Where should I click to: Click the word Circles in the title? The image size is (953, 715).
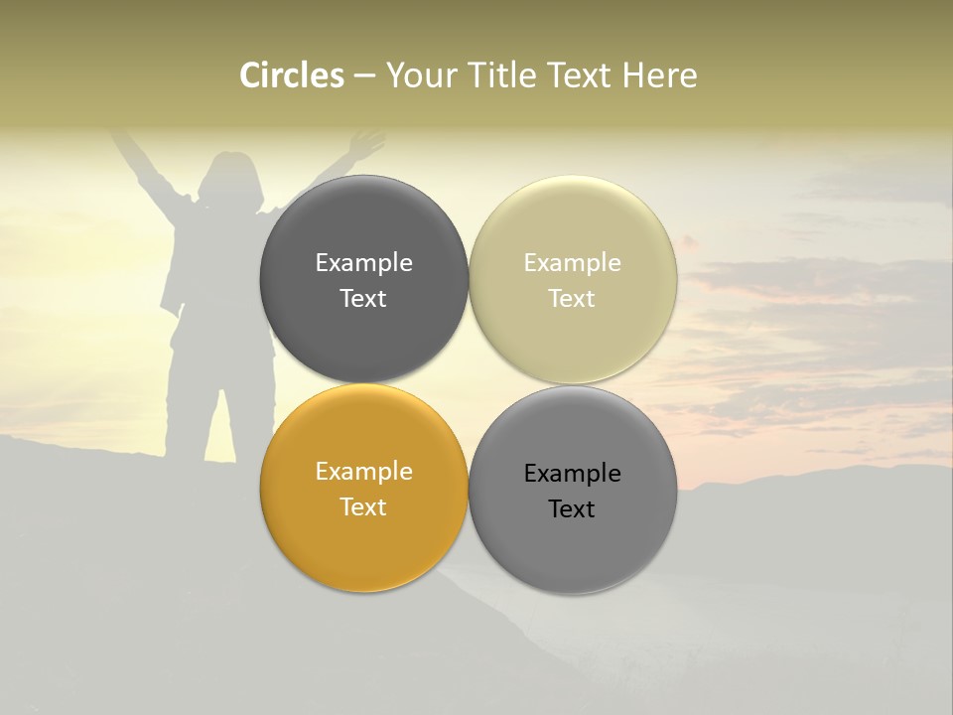point(292,75)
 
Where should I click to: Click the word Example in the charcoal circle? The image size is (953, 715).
point(363,263)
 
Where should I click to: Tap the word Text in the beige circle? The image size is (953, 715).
point(572,299)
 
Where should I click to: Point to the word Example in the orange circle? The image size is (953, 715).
point(363,472)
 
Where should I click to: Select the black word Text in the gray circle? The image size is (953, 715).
point(572,509)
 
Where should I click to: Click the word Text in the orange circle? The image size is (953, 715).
point(363,507)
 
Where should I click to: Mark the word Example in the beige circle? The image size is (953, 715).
point(572,263)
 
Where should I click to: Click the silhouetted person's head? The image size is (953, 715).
point(231,177)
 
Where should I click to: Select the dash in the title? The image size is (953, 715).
point(364,76)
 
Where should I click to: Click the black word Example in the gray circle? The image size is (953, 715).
point(572,474)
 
